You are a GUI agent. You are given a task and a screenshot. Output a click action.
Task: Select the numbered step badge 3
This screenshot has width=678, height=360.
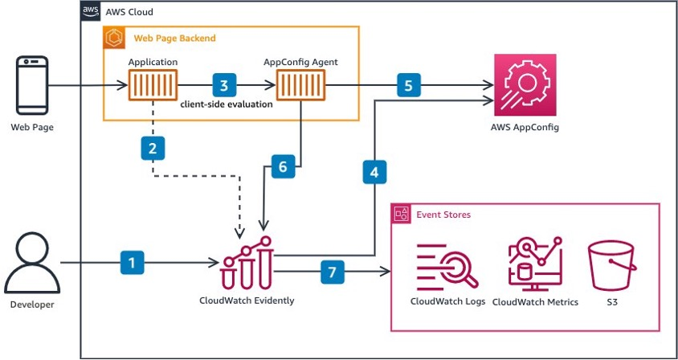click(x=223, y=84)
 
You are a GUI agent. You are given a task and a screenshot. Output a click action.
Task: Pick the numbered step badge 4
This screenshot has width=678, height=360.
click(x=374, y=171)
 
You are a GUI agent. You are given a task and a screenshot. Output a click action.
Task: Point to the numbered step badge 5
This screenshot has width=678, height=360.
click(x=408, y=84)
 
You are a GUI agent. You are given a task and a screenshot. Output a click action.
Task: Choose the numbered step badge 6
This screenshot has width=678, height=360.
click(x=280, y=167)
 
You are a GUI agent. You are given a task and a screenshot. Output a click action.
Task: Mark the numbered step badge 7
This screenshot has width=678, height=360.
click(x=331, y=272)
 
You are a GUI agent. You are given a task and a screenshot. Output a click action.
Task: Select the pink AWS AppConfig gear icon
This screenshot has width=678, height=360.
click(x=525, y=84)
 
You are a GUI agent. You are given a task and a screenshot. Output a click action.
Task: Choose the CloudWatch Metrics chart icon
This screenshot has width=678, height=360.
click(x=534, y=263)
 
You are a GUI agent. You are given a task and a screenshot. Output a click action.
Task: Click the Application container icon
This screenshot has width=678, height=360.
click(x=153, y=84)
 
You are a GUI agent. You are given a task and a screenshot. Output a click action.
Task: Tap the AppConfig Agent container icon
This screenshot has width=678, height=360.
click(x=300, y=84)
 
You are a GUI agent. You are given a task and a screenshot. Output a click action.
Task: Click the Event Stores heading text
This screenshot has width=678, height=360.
click(x=443, y=215)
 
